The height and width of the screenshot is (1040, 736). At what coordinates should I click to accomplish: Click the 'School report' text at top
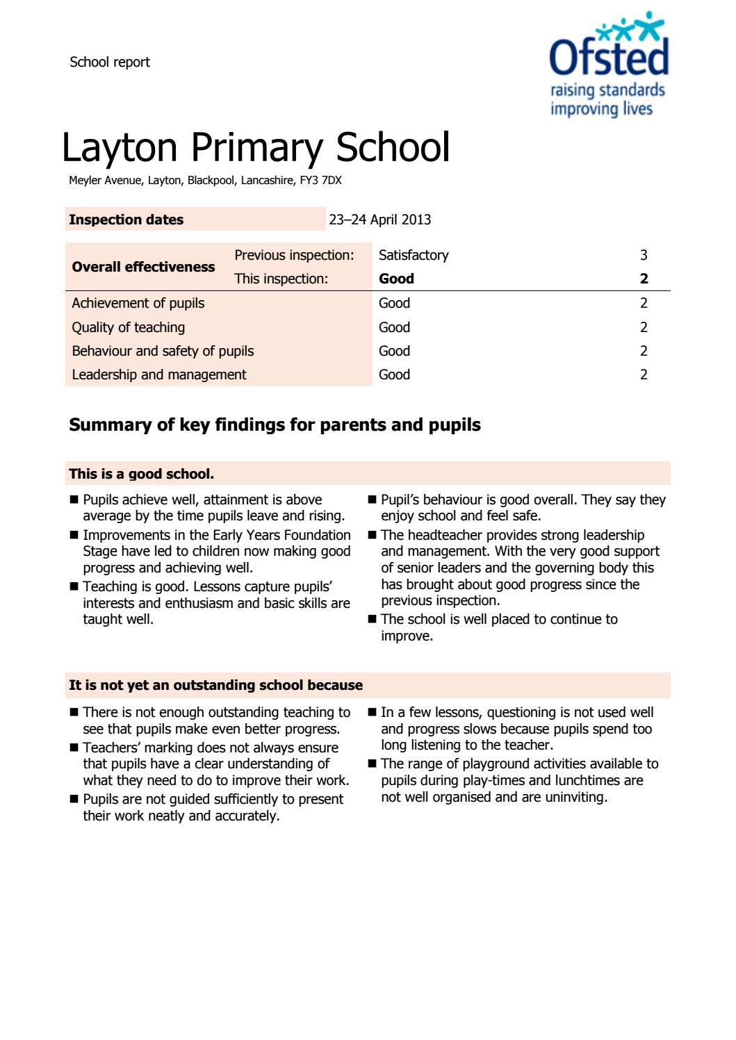(x=110, y=62)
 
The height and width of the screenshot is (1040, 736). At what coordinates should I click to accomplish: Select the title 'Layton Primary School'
(x=256, y=147)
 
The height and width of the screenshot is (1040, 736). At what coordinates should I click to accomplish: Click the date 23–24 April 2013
(x=379, y=220)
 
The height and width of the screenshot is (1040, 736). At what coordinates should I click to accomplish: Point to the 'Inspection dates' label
(x=126, y=220)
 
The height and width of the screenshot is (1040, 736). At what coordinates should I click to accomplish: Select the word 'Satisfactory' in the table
(x=414, y=255)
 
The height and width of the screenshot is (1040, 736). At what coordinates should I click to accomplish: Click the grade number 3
(x=644, y=255)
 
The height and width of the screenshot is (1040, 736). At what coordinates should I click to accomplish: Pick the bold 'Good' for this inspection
(x=396, y=279)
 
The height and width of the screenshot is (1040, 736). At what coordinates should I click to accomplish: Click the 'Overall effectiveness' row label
(x=143, y=267)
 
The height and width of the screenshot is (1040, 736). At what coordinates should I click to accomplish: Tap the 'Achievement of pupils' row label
(x=138, y=303)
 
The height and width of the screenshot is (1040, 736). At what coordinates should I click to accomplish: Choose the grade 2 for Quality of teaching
(x=644, y=327)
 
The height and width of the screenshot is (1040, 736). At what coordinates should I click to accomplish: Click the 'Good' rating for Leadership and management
(x=394, y=374)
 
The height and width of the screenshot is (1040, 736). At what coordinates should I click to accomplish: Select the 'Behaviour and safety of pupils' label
(x=163, y=351)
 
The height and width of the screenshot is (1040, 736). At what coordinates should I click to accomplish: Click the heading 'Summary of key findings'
(x=275, y=425)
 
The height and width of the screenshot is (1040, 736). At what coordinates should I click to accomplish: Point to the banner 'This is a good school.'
(x=141, y=474)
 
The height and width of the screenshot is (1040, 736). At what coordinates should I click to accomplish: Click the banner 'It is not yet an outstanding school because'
(x=215, y=685)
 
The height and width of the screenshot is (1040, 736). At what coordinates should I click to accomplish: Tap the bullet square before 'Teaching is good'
(x=74, y=587)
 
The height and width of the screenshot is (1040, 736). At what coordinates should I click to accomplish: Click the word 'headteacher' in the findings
(x=445, y=535)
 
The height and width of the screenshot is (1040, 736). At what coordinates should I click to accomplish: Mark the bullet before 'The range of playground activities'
(x=373, y=764)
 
